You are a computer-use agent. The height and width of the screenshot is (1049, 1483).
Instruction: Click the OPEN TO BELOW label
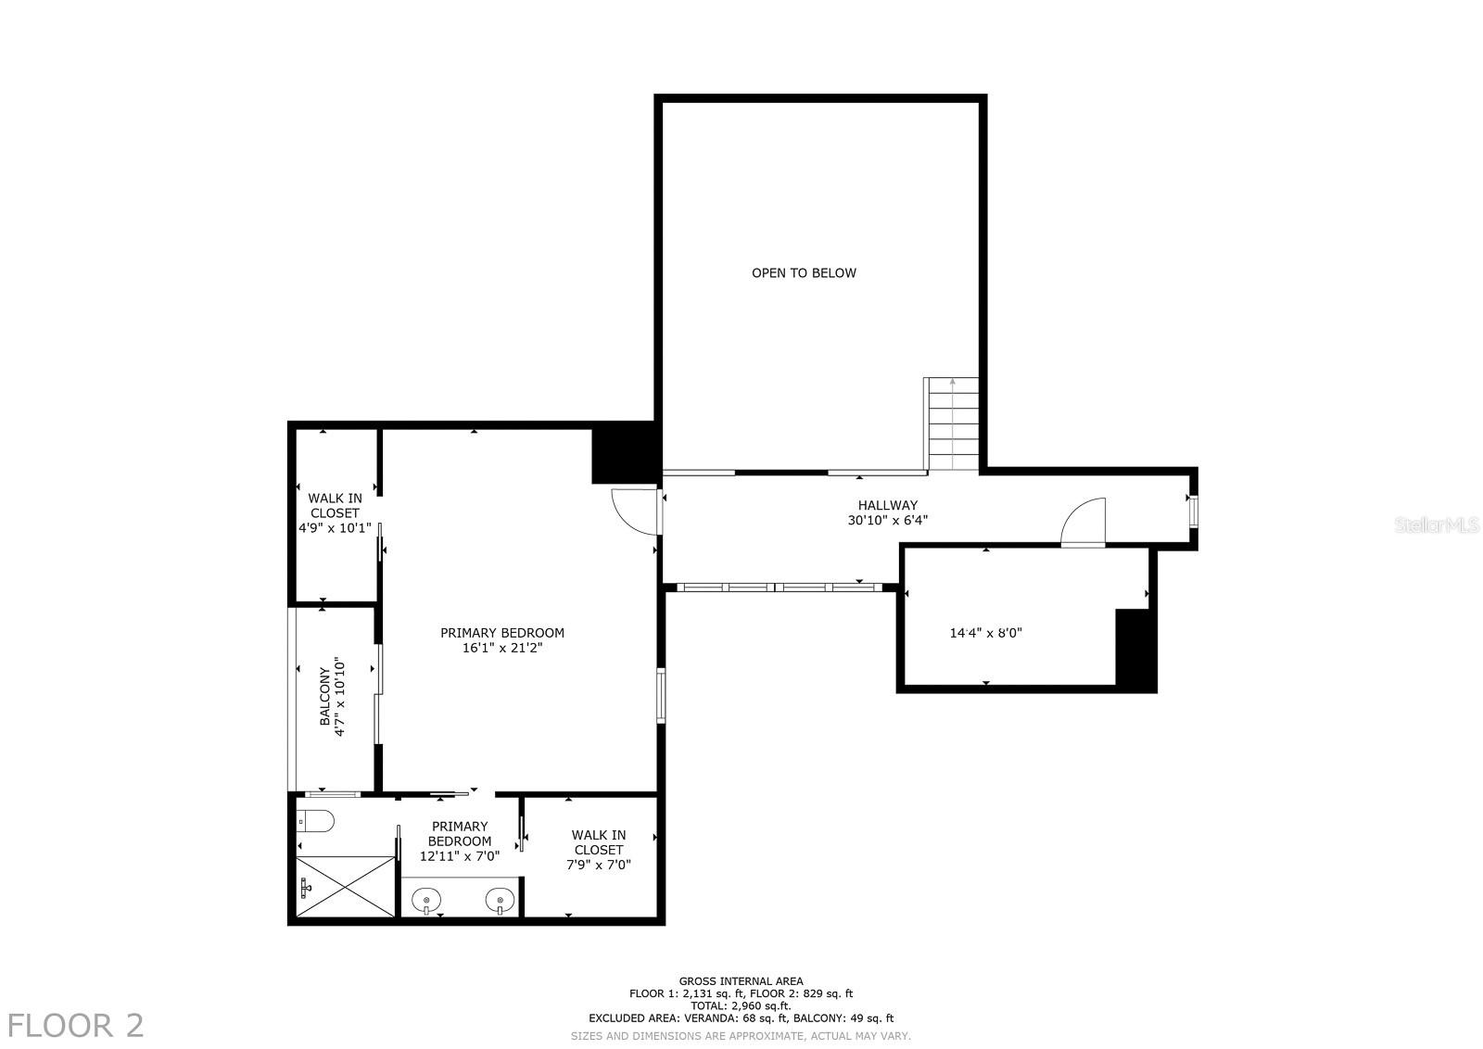coord(804,272)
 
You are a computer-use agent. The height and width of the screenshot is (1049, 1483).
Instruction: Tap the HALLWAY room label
coord(887,505)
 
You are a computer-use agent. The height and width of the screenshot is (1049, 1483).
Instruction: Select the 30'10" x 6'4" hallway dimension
coord(881,521)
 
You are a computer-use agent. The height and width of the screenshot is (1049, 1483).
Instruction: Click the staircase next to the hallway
coord(953,423)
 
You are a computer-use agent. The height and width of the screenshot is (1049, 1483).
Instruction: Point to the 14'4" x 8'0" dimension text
coord(985,634)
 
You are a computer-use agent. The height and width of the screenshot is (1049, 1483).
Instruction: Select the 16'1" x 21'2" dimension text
coord(501,649)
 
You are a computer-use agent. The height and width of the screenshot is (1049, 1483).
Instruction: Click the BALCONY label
coord(325,697)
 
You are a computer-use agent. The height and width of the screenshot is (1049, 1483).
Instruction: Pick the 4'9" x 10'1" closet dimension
coord(335,528)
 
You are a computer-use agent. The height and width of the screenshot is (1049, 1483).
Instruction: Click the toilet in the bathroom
coord(316,821)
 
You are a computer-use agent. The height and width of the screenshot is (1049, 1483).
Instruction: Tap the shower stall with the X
coord(346,887)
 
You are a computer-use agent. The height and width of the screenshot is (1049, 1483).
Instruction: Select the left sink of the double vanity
coord(425,899)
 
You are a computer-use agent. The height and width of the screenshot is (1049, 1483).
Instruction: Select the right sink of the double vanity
coord(499,899)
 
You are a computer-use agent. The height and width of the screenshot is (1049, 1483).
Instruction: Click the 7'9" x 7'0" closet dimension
coord(598,865)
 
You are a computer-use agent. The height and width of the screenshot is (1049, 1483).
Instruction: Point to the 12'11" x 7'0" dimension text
coord(460,857)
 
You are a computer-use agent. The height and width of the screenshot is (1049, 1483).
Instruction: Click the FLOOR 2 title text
coord(75,1026)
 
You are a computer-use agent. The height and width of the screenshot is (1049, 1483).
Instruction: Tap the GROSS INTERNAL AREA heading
coord(741,981)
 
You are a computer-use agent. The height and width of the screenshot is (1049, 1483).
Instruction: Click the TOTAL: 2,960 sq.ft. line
coord(741,1005)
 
